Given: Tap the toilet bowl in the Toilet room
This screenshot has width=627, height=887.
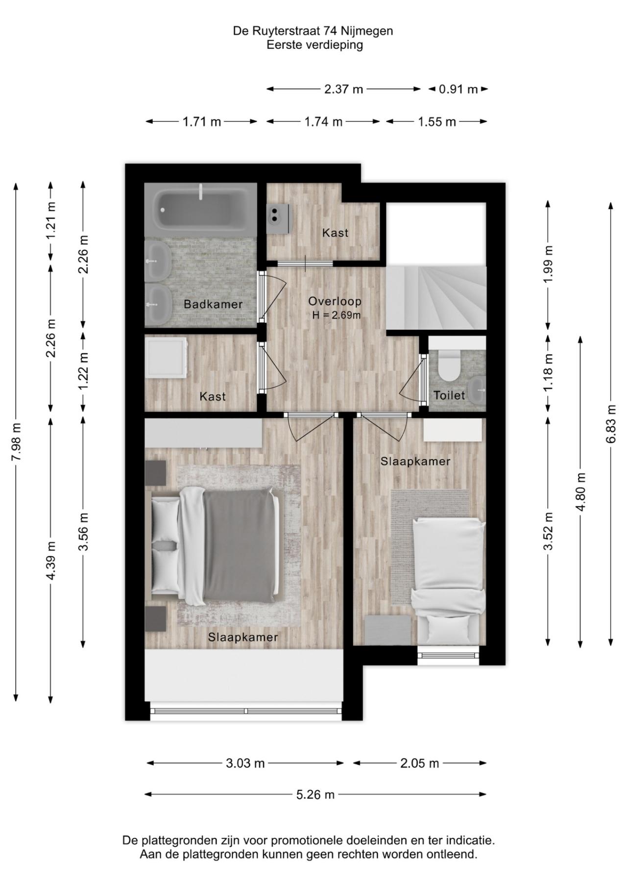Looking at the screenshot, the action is (448, 365).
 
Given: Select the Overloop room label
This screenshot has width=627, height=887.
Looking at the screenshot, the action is (335, 301).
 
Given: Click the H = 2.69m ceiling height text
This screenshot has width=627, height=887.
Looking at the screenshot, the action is (337, 316).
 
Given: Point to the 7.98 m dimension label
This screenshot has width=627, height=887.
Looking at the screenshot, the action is (16, 442).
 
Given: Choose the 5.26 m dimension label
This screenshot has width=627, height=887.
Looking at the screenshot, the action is (315, 794).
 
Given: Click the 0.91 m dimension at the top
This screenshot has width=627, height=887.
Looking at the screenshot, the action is (458, 89).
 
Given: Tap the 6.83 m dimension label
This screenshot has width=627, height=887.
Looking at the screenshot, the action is (611, 424).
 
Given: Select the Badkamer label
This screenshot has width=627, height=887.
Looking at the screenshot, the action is (213, 304).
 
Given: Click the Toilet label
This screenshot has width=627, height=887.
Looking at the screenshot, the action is (449, 395).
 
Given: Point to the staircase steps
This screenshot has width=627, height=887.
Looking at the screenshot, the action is (436, 298).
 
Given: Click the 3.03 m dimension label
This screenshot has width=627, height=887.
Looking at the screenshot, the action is (245, 763).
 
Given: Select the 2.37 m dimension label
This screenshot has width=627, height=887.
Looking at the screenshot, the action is (344, 89).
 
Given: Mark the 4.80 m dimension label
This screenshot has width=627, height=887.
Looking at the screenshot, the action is (581, 492).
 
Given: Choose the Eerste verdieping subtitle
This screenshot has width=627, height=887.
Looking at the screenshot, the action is (314, 45).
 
